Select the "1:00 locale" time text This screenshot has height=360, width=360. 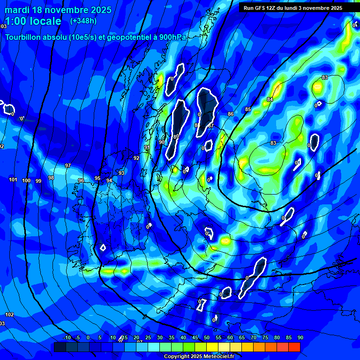point(33,21)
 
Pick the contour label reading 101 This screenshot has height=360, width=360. point(13,180)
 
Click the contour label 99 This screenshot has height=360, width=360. point(38,181)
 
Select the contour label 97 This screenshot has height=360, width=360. point(68,165)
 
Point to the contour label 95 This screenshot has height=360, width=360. point(97,178)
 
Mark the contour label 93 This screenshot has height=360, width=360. point(121,173)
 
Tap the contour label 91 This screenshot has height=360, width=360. point(147,147)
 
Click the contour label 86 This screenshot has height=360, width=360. point(231,114)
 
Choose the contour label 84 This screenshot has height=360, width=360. point(270,99)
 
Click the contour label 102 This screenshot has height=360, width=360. point(9,314)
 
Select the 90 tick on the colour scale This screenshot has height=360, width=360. point(300,337)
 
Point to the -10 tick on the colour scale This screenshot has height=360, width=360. point(67,337)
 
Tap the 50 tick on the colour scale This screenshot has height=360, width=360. point(207,337)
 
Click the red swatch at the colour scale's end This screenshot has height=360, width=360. point(294,347)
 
